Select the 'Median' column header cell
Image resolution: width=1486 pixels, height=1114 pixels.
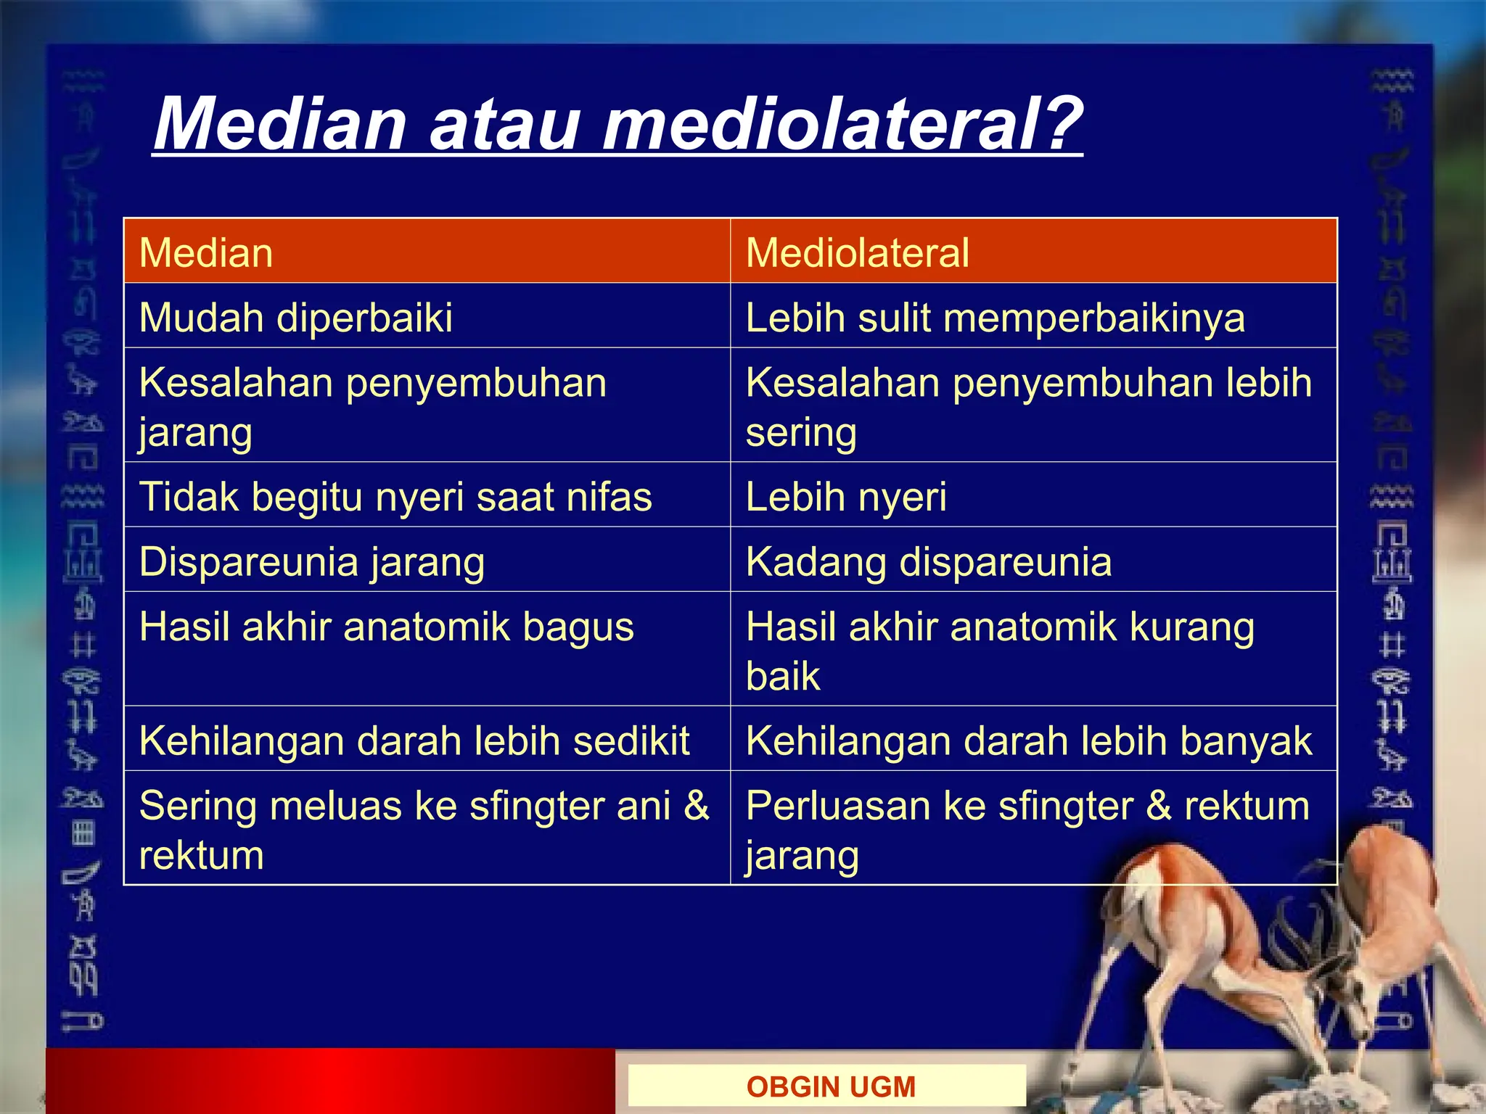(426, 252)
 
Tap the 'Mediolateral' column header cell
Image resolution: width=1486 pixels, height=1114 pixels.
(1033, 252)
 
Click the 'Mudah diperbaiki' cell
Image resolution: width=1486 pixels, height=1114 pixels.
(426, 317)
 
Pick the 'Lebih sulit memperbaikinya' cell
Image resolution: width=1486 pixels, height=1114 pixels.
(1033, 317)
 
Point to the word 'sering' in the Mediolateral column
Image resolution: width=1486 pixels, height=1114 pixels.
(801, 434)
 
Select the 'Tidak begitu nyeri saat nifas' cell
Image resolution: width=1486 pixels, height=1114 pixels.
(426, 496)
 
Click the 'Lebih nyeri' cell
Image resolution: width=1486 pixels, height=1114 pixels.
(1033, 496)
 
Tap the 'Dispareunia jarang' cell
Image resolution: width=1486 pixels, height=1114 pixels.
(426, 561)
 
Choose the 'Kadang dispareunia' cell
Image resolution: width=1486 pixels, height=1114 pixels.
(1033, 561)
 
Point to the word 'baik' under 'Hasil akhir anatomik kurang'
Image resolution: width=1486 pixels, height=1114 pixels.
(783, 676)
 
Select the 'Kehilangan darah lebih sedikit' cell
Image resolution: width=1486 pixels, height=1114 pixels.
(426, 740)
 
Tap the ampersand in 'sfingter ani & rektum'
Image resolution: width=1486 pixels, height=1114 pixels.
(696, 805)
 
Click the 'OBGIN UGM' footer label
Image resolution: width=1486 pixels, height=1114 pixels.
(831, 1086)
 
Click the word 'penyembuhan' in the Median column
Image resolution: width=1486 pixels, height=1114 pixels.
(476, 383)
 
